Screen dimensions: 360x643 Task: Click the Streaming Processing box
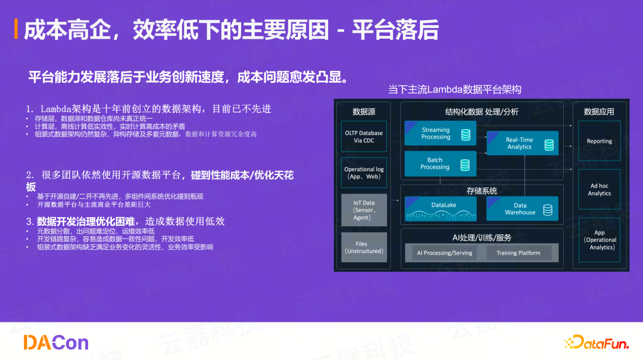pyautogui.click(x=440, y=133)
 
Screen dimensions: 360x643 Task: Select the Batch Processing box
pyautogui.click(x=440, y=164)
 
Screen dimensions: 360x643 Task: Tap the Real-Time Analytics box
pyautogui.click(x=522, y=143)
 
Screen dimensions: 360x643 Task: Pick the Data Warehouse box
pyautogui.click(x=522, y=209)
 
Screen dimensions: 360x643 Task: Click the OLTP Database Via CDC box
pyautogui.click(x=364, y=137)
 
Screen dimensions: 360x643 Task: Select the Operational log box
pyautogui.click(x=364, y=173)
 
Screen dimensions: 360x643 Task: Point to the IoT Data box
pyautogui.click(x=364, y=210)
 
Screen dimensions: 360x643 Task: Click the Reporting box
pyautogui.click(x=599, y=141)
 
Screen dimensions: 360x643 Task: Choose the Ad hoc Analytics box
pyautogui.click(x=599, y=189)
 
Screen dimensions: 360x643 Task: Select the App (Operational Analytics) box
pyautogui.click(x=599, y=240)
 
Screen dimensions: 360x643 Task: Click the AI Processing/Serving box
pyautogui.click(x=444, y=253)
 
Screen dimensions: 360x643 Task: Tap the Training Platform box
pyautogui.click(x=518, y=253)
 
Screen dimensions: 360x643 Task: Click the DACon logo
pyautogui.click(x=55, y=342)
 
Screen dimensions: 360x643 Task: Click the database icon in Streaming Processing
pyautogui.click(x=466, y=134)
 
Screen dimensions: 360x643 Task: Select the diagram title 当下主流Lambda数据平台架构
pyautogui.click(x=454, y=90)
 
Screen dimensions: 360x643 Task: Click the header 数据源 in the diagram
pyautogui.click(x=364, y=111)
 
